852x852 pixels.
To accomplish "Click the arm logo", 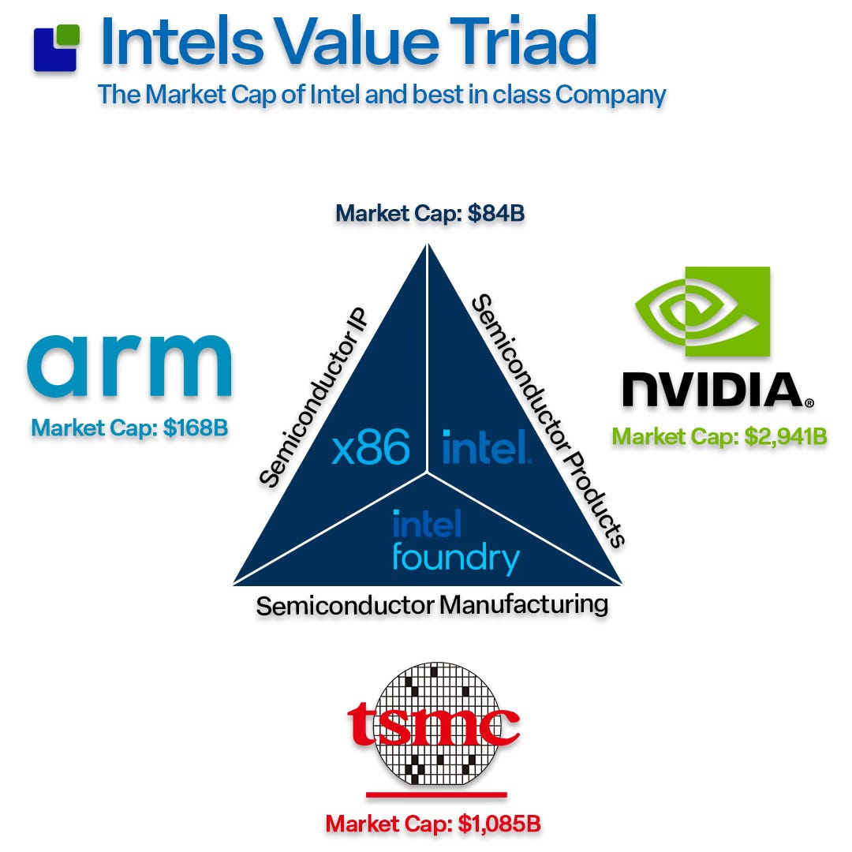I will coord(129,368).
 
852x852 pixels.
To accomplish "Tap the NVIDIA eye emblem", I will coord(703,312).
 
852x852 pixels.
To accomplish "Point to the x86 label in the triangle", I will coord(371,448).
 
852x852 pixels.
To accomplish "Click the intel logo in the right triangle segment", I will coord(485,447).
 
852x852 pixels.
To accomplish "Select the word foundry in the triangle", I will coord(455,558).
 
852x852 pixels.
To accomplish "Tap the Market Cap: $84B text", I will coord(430,213).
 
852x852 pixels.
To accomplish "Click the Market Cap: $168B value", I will coord(129,428).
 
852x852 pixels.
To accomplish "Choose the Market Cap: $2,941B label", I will coord(719,436).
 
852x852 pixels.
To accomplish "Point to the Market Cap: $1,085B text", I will coord(433,824).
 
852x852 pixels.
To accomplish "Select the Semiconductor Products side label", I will coord(547,419).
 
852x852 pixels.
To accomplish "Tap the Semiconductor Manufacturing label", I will coord(432,606).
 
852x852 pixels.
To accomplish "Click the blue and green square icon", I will coord(56,47).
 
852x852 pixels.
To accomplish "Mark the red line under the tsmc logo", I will coord(436,794).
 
